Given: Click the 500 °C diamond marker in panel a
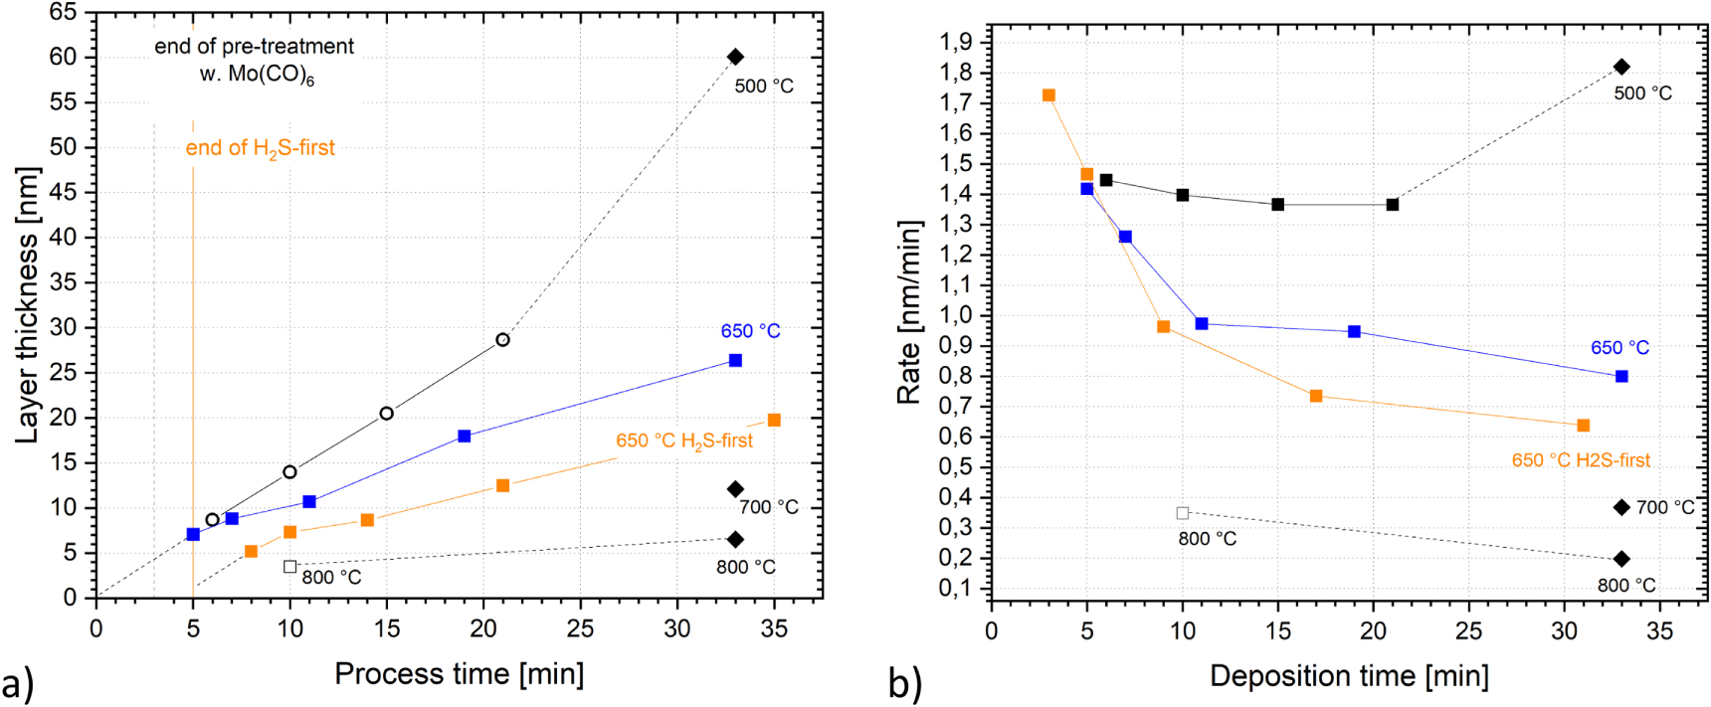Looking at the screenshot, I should tap(735, 57).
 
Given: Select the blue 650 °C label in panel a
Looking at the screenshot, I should tap(750, 331).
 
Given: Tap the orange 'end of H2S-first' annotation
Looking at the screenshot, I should tap(261, 148).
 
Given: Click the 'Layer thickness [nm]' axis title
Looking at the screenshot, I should tap(27, 305).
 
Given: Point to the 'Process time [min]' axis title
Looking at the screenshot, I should tap(459, 673).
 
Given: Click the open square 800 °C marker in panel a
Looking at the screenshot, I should tap(289, 567).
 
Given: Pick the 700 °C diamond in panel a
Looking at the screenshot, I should tap(735, 489).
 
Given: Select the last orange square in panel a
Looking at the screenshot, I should tap(774, 421).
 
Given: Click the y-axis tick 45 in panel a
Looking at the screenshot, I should tap(63, 193).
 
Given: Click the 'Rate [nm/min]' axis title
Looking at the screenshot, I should tap(908, 312).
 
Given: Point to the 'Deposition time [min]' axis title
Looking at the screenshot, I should tap(1349, 676).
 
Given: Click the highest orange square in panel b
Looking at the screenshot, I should tap(1048, 95).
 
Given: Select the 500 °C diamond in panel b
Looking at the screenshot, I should tap(1621, 67).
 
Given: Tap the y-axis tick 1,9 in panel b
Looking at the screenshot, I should tap(957, 42).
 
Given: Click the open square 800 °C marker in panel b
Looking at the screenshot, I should tap(1182, 513).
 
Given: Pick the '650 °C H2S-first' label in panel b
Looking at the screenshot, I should tap(1581, 460).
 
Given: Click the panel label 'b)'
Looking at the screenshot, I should tap(905, 684).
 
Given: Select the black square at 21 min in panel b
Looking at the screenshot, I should tap(1393, 205).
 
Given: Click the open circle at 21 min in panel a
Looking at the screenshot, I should tap(502, 340).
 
